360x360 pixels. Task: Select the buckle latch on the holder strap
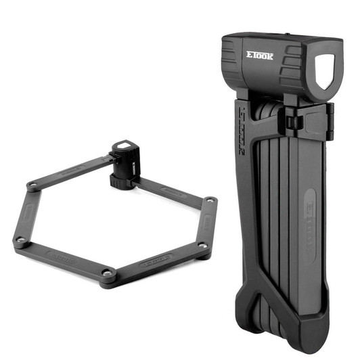[x=292, y=122]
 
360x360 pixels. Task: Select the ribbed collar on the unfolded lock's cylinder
[x=120, y=181]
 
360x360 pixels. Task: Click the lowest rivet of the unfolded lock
[x=106, y=272]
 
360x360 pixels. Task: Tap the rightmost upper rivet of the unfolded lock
[x=211, y=201]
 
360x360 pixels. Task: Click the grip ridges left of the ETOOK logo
[x=230, y=61]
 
